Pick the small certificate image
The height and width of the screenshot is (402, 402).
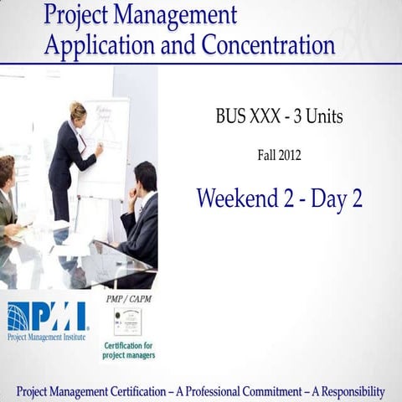127,321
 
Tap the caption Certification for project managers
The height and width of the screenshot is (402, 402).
127,350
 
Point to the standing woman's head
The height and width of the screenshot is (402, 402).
78,111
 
